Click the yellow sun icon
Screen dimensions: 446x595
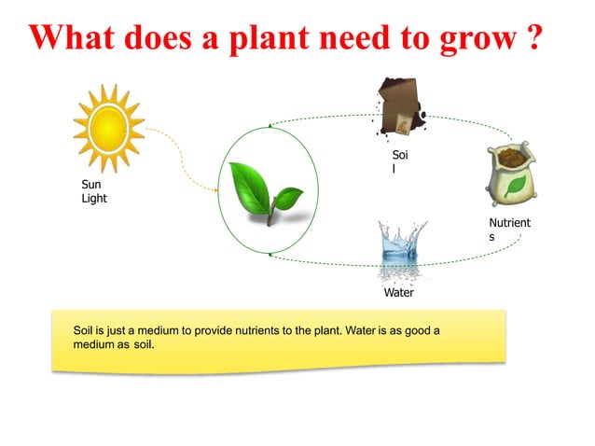(109, 128)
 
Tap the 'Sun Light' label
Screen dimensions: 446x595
(94, 191)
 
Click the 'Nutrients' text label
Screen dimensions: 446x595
(509, 230)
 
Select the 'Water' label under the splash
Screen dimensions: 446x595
(399, 292)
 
